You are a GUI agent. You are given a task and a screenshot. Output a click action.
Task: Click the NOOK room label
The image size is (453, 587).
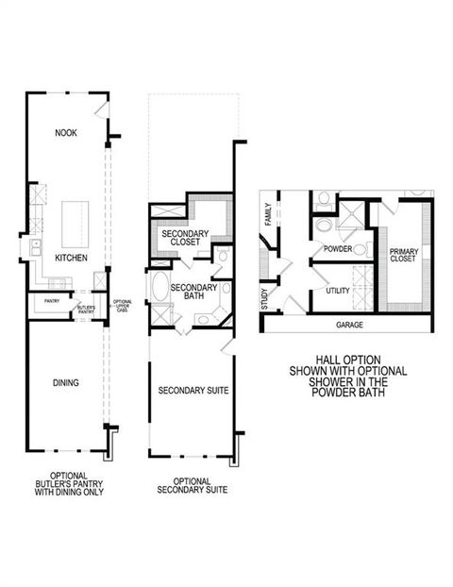[65, 133]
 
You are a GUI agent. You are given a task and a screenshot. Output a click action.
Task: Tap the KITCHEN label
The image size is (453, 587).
[71, 258]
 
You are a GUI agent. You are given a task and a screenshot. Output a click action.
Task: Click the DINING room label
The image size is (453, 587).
[65, 383]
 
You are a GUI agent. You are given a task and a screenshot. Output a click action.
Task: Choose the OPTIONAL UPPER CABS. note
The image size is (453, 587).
[122, 307]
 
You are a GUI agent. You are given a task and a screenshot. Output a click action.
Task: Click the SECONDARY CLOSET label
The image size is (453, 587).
[185, 238]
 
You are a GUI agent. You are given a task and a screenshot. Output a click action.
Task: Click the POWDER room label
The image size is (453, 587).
[337, 249]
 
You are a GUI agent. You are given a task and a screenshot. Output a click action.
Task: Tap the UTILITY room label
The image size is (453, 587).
[337, 291]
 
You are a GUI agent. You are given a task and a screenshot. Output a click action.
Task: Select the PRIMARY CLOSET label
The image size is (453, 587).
[405, 256]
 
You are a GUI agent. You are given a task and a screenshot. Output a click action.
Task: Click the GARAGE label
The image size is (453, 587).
[349, 324]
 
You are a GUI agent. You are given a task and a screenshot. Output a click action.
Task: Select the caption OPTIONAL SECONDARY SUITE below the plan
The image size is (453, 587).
[193, 485]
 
